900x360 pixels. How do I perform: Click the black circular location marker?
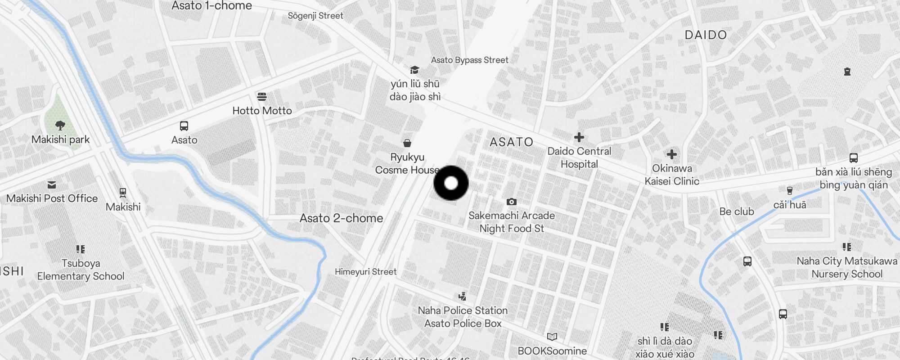tap(451, 183)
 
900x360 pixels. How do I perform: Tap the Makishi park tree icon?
tap(60, 125)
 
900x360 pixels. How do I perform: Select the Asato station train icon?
tap(184, 126)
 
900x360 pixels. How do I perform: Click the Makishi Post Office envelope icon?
tap(52, 184)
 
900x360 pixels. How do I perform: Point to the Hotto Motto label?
tap(262, 111)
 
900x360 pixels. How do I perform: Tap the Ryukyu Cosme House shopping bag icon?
tap(407, 143)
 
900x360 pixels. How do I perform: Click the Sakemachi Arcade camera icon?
tap(512, 202)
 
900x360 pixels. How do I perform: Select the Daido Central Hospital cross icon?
tap(579, 137)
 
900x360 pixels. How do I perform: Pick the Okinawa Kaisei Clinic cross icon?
tap(672, 155)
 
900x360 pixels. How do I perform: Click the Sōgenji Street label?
tap(315, 16)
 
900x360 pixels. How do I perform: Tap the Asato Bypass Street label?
tap(469, 60)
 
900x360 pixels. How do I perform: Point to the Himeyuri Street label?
tap(365, 272)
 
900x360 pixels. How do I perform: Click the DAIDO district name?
tap(706, 35)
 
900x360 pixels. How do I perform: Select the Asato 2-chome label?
tap(342, 218)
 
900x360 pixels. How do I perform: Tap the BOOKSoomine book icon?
tap(552, 337)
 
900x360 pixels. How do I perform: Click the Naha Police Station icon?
tap(462, 296)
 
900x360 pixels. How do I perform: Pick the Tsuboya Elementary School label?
tap(81, 270)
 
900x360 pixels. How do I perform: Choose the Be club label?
tap(737, 211)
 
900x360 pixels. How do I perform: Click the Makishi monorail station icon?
tap(123, 193)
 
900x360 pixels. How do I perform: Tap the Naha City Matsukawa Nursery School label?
tap(847, 267)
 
